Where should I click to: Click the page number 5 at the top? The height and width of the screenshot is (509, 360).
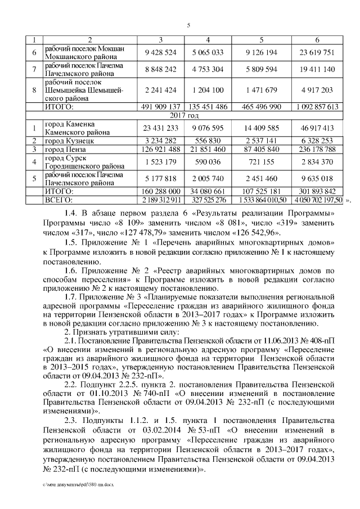188,25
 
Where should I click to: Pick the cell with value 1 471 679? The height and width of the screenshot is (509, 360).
262,90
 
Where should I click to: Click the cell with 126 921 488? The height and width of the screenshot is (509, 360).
160,150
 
